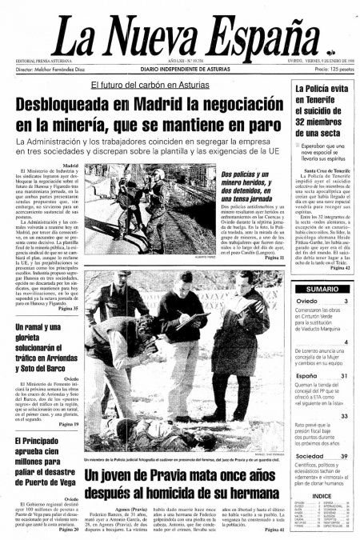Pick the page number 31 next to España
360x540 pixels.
tap(344, 375)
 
